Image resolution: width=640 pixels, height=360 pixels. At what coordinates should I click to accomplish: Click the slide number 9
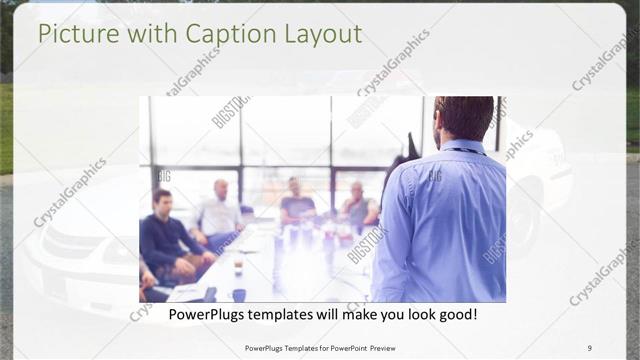click(x=589, y=348)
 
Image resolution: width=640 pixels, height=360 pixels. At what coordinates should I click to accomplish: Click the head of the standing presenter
click(x=463, y=118)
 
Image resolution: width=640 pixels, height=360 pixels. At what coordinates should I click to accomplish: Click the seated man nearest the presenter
click(x=358, y=205)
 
